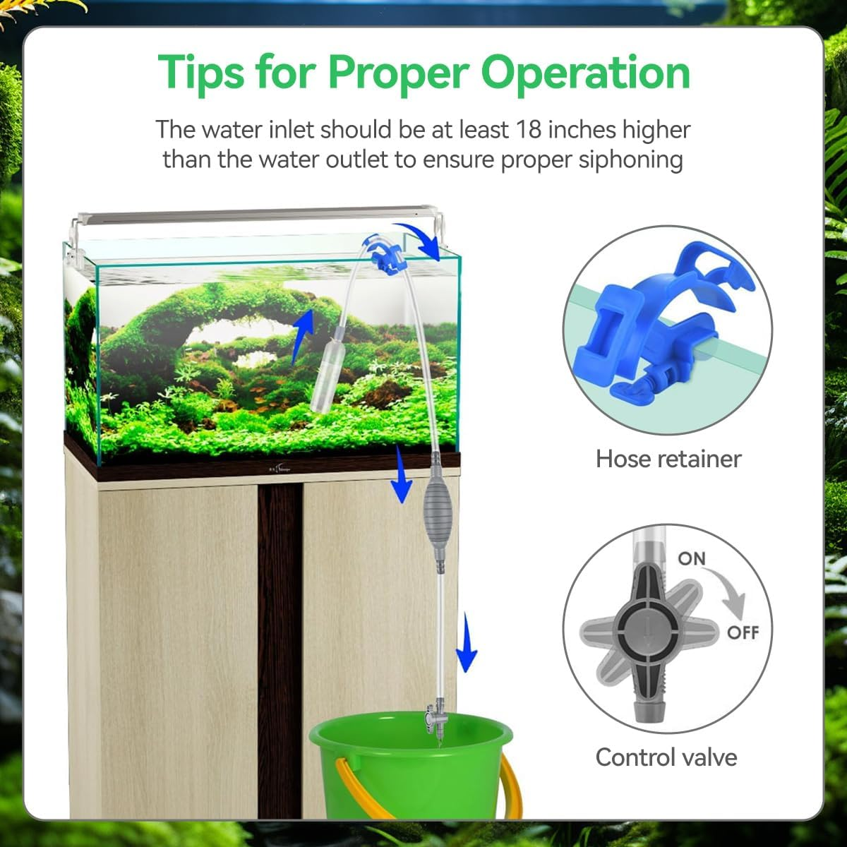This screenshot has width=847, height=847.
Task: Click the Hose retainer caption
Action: (668, 459)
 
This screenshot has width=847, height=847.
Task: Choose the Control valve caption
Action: (666, 757)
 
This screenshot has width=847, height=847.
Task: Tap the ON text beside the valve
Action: (691, 558)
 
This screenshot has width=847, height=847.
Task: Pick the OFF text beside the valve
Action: (743, 632)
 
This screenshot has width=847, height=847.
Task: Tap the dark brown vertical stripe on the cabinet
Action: (280, 635)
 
